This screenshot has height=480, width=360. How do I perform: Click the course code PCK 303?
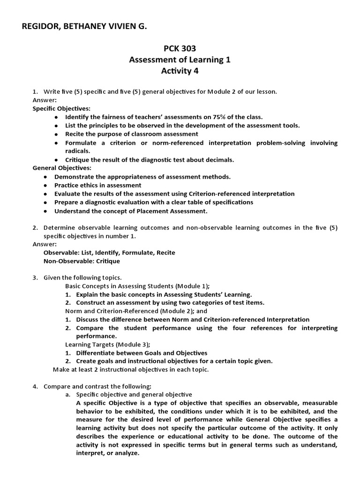pos(180,48)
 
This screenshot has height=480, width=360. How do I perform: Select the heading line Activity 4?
pos(180,71)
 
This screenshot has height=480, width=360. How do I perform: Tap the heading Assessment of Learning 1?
pos(180,60)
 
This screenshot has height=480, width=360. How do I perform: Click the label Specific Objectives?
pos(61,108)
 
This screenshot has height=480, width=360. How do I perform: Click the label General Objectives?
pos(61,168)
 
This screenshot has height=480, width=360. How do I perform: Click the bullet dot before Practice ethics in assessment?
pos(45,186)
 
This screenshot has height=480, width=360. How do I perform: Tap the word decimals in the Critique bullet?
pos(220,159)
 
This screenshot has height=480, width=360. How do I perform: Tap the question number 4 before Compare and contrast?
pos(35,386)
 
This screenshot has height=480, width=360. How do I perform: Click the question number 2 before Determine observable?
pos(35,228)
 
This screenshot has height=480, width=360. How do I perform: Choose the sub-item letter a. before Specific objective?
pos(68,395)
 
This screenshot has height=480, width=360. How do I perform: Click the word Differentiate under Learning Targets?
pos(100,353)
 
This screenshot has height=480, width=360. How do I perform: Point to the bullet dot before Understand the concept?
pos(45,211)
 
